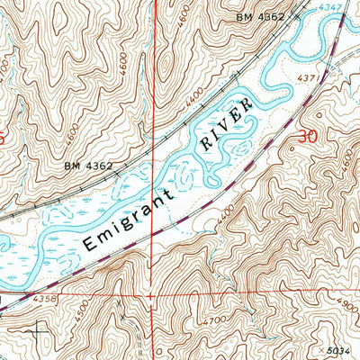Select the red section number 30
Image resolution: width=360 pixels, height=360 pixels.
pyautogui.click(x=306, y=137)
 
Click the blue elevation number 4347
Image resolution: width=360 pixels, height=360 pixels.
pyautogui.click(x=330, y=8)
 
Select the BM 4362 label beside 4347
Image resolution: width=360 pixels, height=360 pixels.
pyautogui.click(x=261, y=17)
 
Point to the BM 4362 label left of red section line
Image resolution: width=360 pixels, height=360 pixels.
pyautogui.click(x=88, y=166)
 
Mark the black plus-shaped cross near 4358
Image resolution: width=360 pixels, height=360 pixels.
pyautogui.click(x=37, y=330)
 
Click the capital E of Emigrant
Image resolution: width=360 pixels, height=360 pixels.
pyautogui.click(x=88, y=243)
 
